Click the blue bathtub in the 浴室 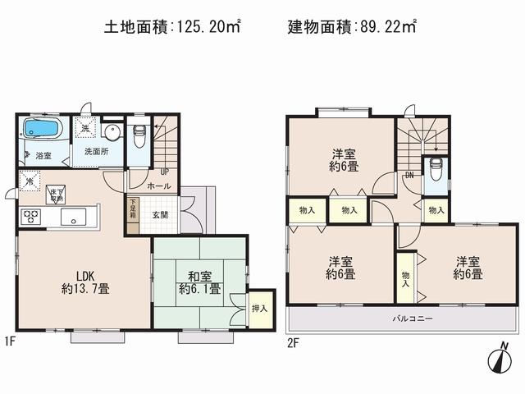[41, 129]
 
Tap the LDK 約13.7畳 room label [85, 282]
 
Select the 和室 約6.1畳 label [199, 282]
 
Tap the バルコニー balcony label [412, 318]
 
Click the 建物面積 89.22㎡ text [351, 27]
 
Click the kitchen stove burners [31, 218]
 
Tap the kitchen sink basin [71, 218]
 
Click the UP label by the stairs [164, 172]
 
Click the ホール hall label [159, 187]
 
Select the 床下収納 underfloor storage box [56, 194]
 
